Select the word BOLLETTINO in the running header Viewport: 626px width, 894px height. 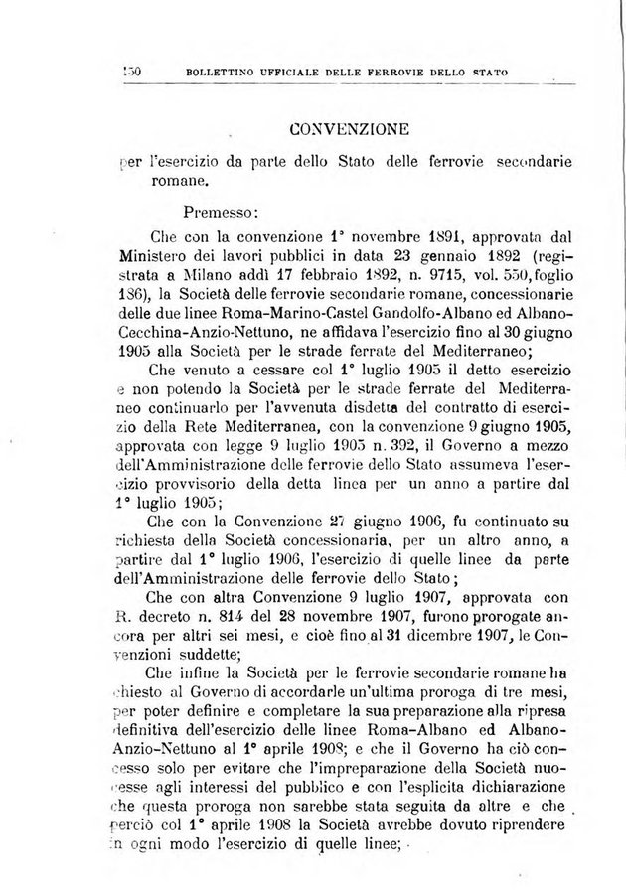point(221,72)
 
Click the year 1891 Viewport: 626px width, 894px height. point(401,238)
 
